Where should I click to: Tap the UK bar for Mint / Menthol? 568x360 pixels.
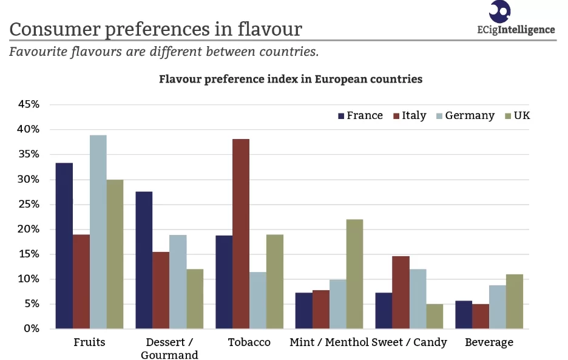click(x=354, y=274)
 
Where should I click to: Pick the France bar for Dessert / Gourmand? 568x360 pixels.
click(x=144, y=260)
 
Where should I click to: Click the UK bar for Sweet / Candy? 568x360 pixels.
click(x=434, y=316)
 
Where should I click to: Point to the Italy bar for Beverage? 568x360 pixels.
click(x=480, y=316)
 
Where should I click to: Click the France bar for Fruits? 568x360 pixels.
click(x=64, y=246)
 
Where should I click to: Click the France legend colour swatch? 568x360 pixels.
click(x=341, y=115)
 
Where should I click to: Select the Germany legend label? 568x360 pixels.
click(x=470, y=115)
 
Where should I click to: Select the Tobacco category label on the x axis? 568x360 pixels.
click(x=249, y=342)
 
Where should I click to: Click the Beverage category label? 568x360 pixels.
click(x=489, y=342)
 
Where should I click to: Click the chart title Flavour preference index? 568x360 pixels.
click(x=291, y=79)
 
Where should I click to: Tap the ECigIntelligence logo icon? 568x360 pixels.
click(x=499, y=10)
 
